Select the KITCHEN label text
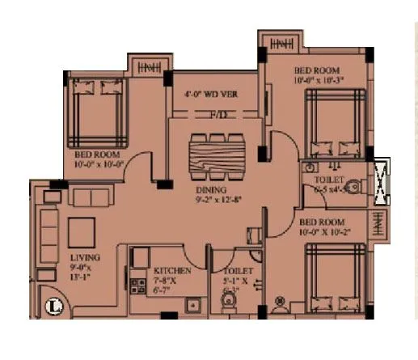(172, 271)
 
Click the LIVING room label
(74, 260)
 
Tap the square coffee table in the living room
(82, 231)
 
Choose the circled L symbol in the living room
(55, 307)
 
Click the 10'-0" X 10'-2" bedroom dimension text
(332, 231)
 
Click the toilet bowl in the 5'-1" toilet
(230, 305)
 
